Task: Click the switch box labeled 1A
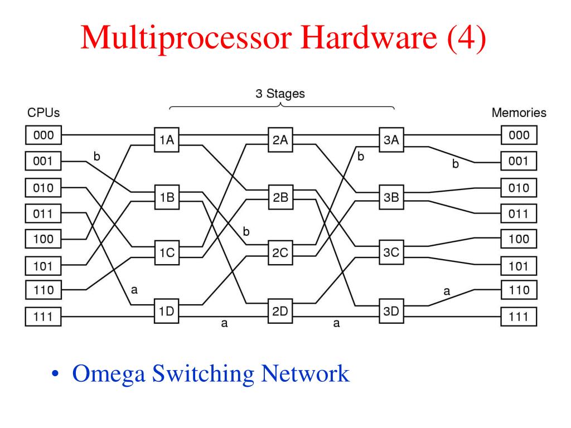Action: (166, 140)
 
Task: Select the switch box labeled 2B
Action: (280, 197)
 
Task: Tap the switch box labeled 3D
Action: (391, 311)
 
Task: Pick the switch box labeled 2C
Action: (280, 252)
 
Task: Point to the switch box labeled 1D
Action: (166, 311)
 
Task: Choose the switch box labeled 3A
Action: (391, 140)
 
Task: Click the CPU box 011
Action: (43, 213)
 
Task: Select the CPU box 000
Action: (43, 135)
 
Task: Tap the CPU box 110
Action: (43, 290)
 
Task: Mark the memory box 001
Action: (519, 161)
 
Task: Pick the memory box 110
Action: (519, 290)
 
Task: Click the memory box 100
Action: (519, 239)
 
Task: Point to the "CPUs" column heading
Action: (43, 113)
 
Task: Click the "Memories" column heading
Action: (519, 113)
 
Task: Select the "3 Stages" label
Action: (280, 94)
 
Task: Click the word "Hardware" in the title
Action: (369, 37)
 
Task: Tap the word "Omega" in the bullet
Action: (109, 374)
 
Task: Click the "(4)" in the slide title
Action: (467, 38)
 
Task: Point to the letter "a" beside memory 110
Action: (447, 291)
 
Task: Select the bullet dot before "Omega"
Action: (55, 374)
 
